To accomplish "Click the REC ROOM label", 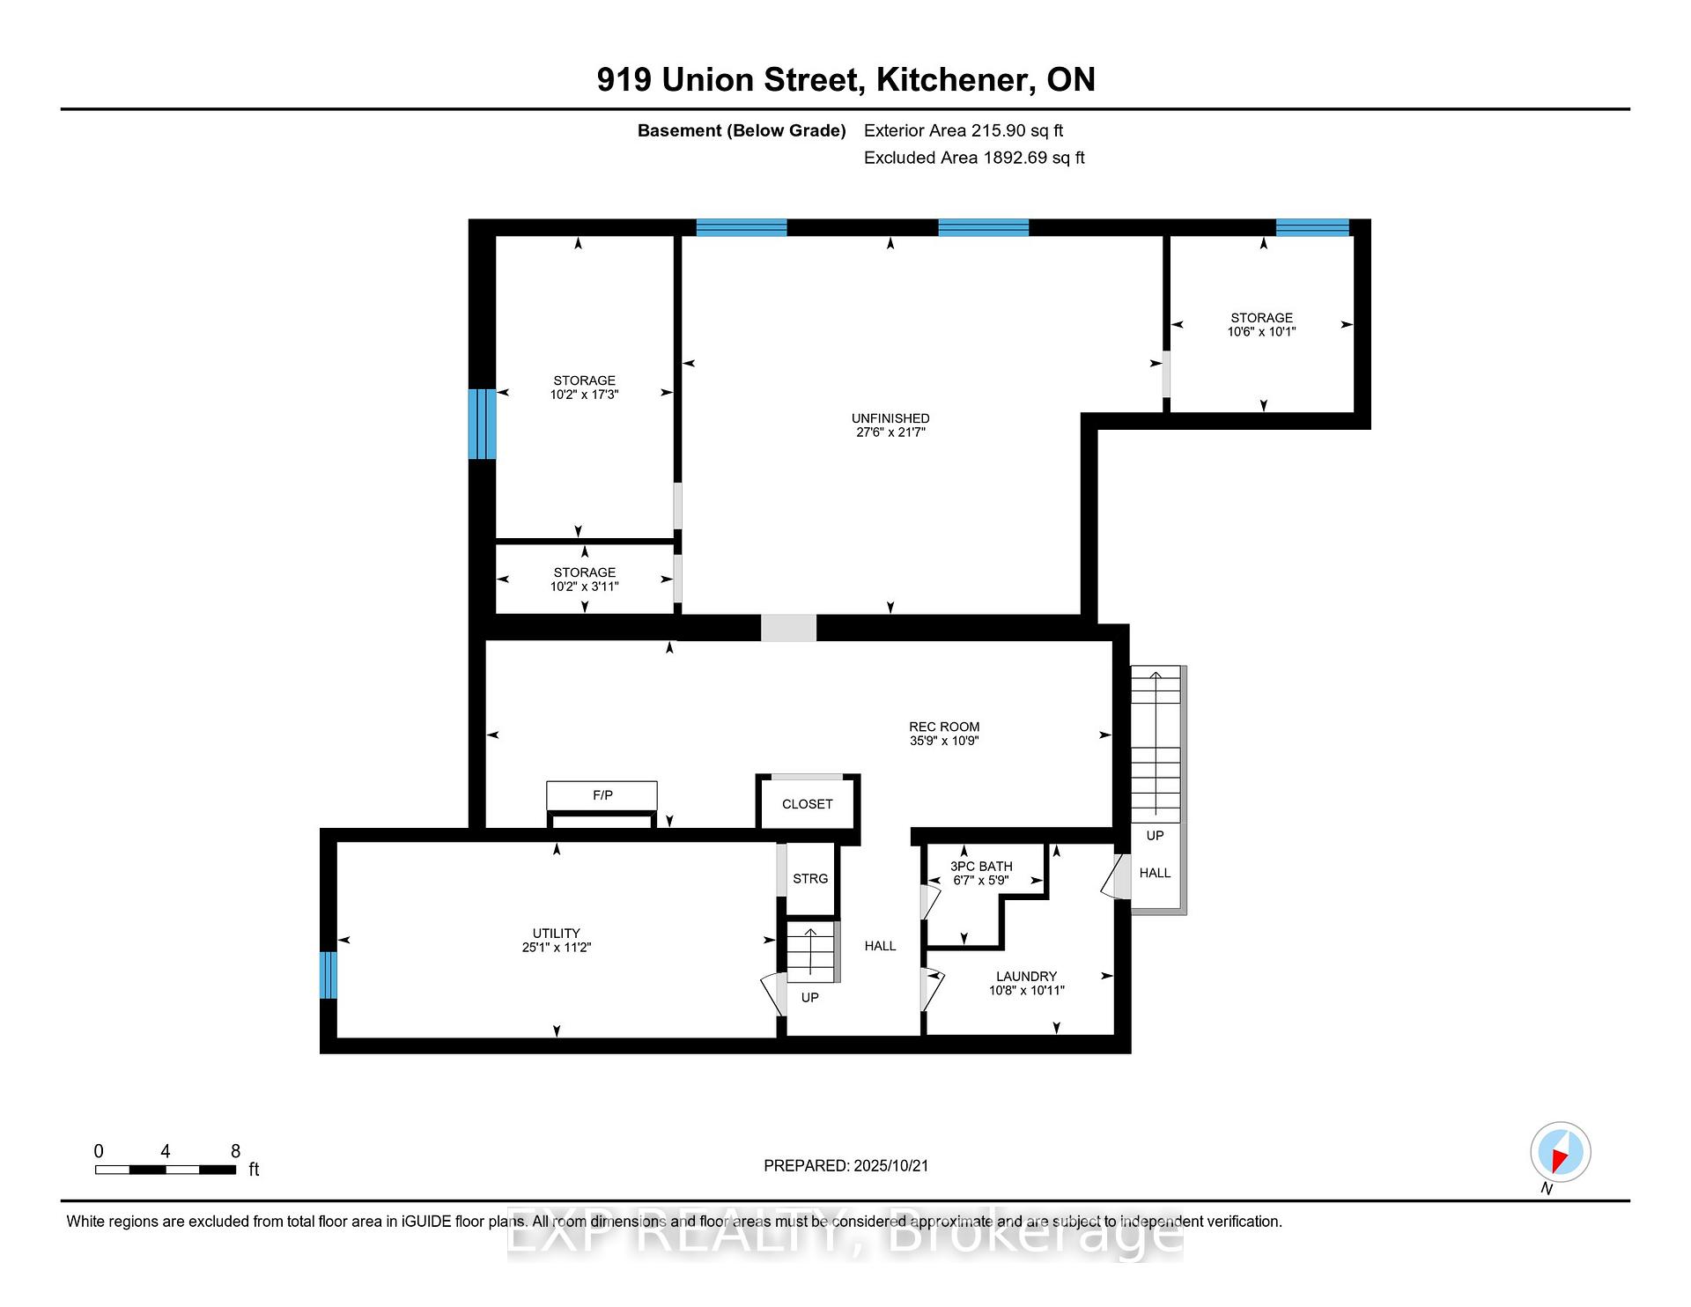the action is [944, 727].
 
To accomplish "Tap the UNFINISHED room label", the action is [890, 418].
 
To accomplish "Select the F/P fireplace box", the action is [602, 795].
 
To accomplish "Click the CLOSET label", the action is [807, 804].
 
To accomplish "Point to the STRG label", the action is [810, 879].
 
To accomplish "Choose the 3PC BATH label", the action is [981, 867].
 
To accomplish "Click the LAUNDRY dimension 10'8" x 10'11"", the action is [1027, 990].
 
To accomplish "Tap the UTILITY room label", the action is [556, 934].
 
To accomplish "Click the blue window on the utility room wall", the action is [328, 975].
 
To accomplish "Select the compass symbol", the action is [1560, 1152].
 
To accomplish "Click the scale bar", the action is [166, 1170].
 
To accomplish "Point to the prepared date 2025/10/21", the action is [890, 1165].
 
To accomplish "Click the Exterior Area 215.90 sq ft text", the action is [964, 130].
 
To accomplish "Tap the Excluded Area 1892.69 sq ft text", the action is [974, 158].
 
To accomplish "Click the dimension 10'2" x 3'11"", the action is [585, 587].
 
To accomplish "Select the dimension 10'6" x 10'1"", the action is [1262, 332].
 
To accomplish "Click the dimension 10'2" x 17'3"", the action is [585, 395].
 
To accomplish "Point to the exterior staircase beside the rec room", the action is [1156, 744].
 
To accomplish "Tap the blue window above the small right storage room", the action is [1312, 227].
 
